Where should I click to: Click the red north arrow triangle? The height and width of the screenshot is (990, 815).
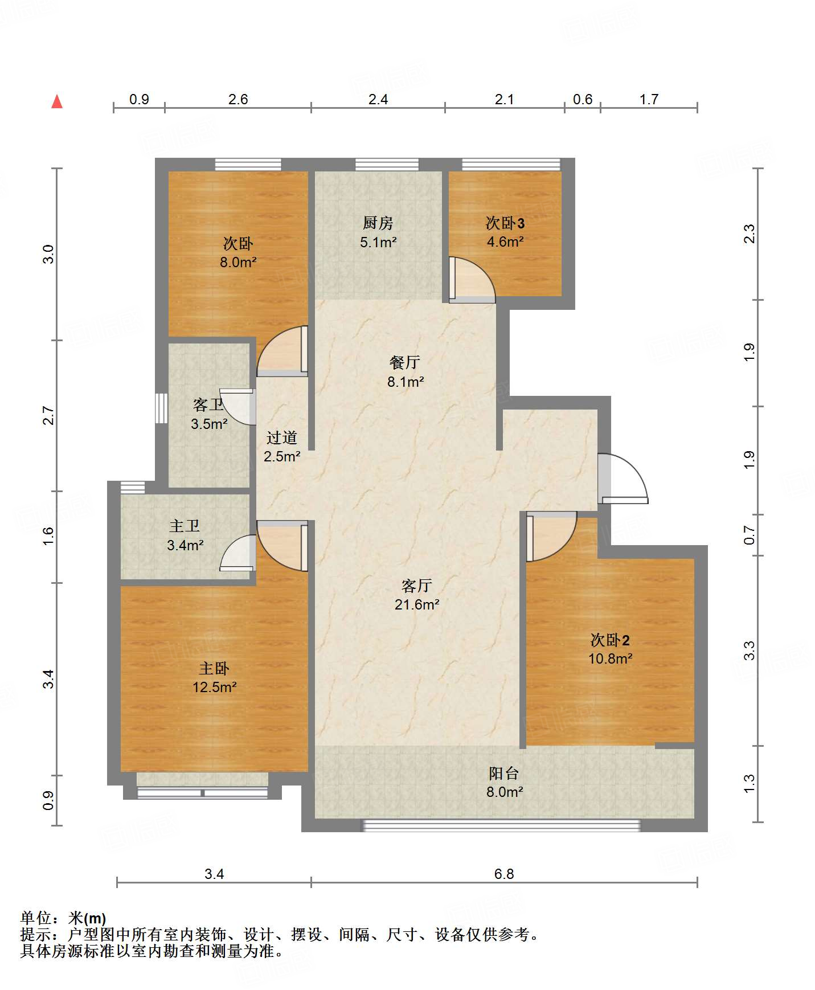click(x=57, y=101)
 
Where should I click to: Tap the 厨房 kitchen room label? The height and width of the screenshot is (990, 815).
click(x=378, y=223)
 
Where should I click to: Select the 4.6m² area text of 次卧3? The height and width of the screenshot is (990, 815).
click(x=505, y=242)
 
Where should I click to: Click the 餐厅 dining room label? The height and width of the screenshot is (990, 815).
click(x=405, y=362)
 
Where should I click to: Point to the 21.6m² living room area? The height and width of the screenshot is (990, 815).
click(x=417, y=604)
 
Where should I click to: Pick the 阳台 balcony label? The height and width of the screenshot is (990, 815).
click(x=504, y=773)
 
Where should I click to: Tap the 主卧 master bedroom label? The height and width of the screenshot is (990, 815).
click(x=214, y=668)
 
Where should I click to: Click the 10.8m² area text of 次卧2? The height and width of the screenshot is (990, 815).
click(x=611, y=659)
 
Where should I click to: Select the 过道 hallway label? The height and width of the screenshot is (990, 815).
click(x=282, y=437)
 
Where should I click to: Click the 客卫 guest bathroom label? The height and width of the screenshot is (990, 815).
click(x=208, y=405)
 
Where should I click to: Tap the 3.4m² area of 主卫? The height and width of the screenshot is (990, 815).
click(x=185, y=546)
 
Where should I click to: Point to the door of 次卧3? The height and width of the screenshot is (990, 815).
click(x=472, y=280)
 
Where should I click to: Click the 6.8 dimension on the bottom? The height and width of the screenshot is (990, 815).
click(x=504, y=874)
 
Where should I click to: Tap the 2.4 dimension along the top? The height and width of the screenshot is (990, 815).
click(x=378, y=100)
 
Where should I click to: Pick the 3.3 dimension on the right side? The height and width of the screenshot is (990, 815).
click(x=750, y=651)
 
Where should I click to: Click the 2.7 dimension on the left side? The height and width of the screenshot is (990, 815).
click(x=49, y=416)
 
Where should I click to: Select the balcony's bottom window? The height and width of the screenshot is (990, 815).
click(x=502, y=825)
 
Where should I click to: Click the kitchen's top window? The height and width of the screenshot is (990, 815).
click(x=387, y=165)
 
